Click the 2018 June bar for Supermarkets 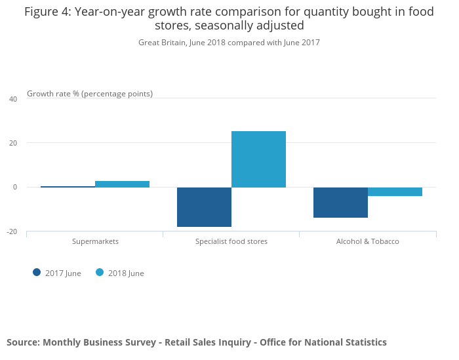tap(122, 184)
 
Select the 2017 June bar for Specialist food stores tap(204, 207)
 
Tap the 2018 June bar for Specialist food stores tap(258, 159)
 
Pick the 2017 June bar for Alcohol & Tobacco tap(340, 203)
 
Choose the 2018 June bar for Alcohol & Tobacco tap(395, 191)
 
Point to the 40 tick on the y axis tap(13, 99)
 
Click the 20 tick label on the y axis tap(13, 143)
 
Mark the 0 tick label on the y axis tap(15, 188)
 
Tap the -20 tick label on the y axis tap(12, 231)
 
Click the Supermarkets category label tap(95, 241)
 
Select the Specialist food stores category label tap(231, 241)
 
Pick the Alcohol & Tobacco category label tap(367, 241)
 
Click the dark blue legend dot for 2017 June tap(37, 273)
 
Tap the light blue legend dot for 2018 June tap(100, 273)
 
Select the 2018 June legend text tap(126, 273)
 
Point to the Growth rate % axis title tap(90, 94)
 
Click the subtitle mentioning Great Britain tap(229, 43)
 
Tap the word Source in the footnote tap(22, 342)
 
